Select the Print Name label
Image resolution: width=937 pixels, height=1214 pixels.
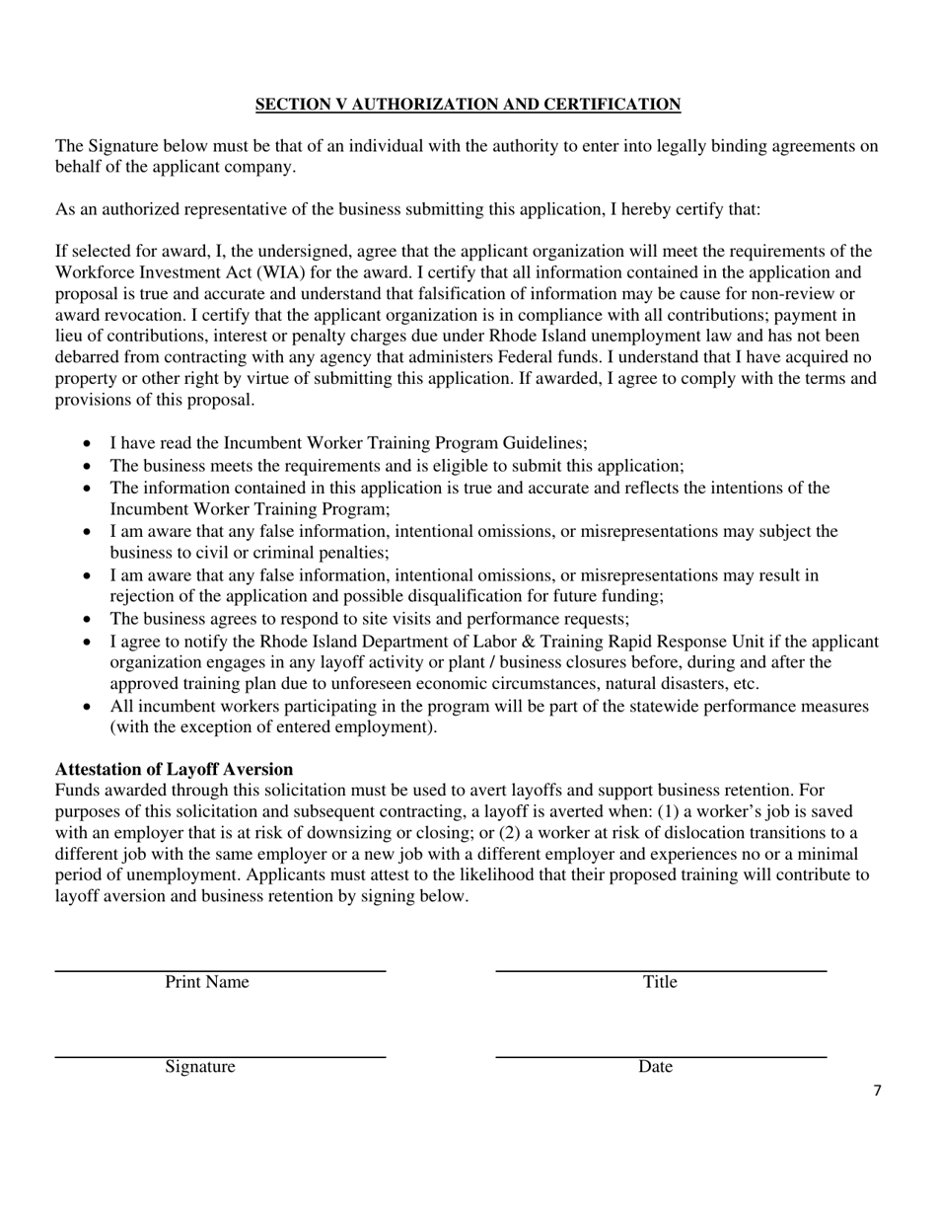(206, 982)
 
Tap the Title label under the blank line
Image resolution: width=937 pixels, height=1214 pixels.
(660, 982)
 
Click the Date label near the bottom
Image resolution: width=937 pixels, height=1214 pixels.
(655, 1067)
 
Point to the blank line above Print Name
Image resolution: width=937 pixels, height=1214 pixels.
(219, 972)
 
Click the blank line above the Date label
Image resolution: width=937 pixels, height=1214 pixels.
(660, 1057)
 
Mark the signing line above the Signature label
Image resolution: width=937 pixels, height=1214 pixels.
(219, 1057)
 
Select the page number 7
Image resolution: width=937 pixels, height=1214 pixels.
(877, 1091)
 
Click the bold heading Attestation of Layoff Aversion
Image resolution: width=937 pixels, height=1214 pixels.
(174, 769)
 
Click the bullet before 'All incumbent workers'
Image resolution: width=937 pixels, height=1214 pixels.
(88, 707)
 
